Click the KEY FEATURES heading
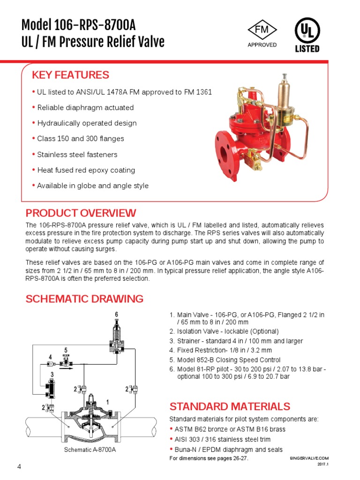coord(70,75)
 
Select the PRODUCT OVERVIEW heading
coord(81,213)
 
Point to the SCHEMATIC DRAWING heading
coord(84,299)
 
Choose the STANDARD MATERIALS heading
coord(230,406)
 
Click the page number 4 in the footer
coord(19,466)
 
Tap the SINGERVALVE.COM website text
coord(310,458)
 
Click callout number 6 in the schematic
coord(116,314)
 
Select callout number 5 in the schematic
coord(66,350)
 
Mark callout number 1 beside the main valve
coord(107,402)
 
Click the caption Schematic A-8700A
coord(90,450)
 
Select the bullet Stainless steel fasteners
coord(77,155)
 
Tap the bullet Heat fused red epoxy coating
coord(86,170)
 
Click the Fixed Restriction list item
coord(224,351)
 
